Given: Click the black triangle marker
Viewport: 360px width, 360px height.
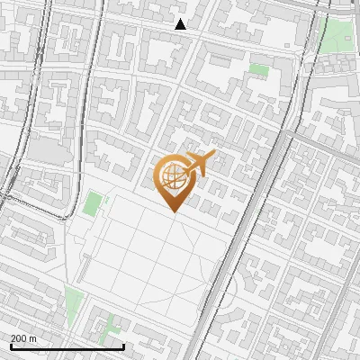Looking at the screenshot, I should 181,24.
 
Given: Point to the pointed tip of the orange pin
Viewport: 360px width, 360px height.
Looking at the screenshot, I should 172,211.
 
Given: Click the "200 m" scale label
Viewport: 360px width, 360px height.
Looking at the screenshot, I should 23,337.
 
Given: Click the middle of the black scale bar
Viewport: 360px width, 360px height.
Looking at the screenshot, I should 67,346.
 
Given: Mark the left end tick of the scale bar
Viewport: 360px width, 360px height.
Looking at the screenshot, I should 11,346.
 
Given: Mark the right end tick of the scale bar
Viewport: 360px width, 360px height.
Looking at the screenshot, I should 123,346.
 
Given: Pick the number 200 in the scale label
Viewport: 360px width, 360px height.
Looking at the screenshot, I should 19,337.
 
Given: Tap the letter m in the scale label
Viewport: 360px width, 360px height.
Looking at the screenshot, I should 33,337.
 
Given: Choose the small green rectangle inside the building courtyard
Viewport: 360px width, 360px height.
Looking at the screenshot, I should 259,69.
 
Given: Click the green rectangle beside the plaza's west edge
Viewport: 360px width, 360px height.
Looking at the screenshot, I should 92,203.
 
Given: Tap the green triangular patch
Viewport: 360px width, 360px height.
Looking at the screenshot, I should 74,305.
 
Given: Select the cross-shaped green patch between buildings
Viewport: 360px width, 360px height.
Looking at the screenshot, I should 110,327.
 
